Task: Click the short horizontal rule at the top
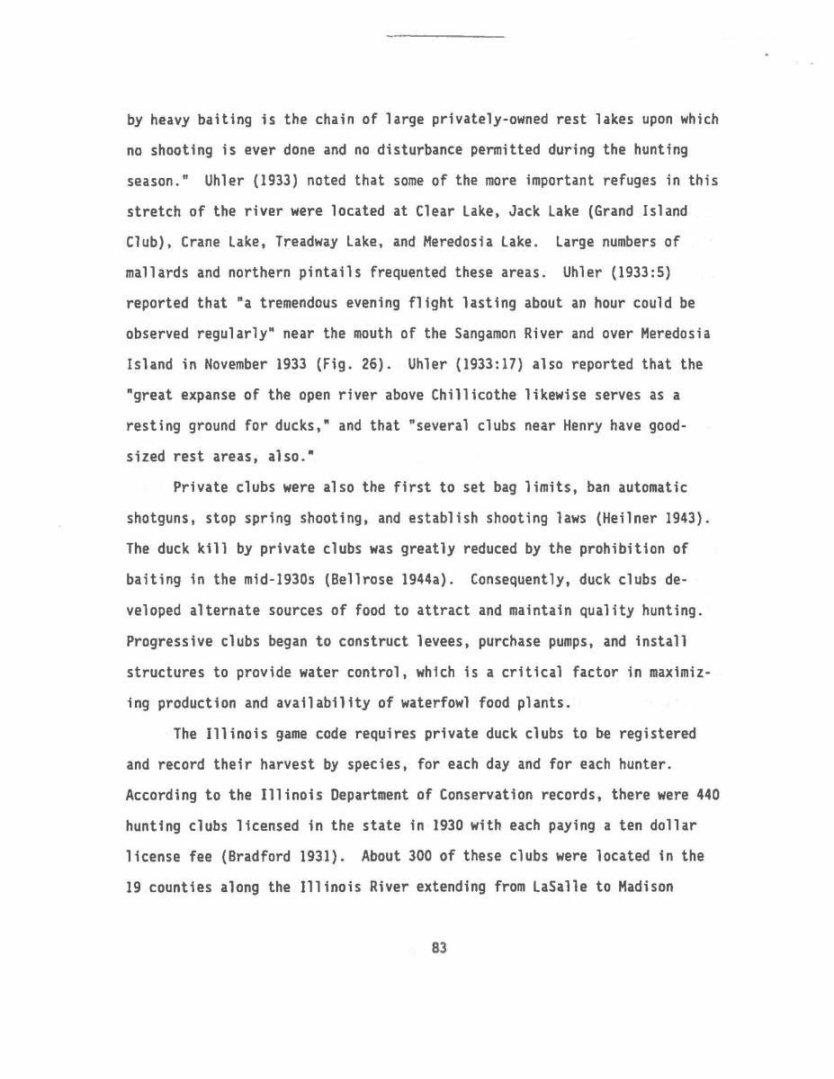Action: [444, 37]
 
